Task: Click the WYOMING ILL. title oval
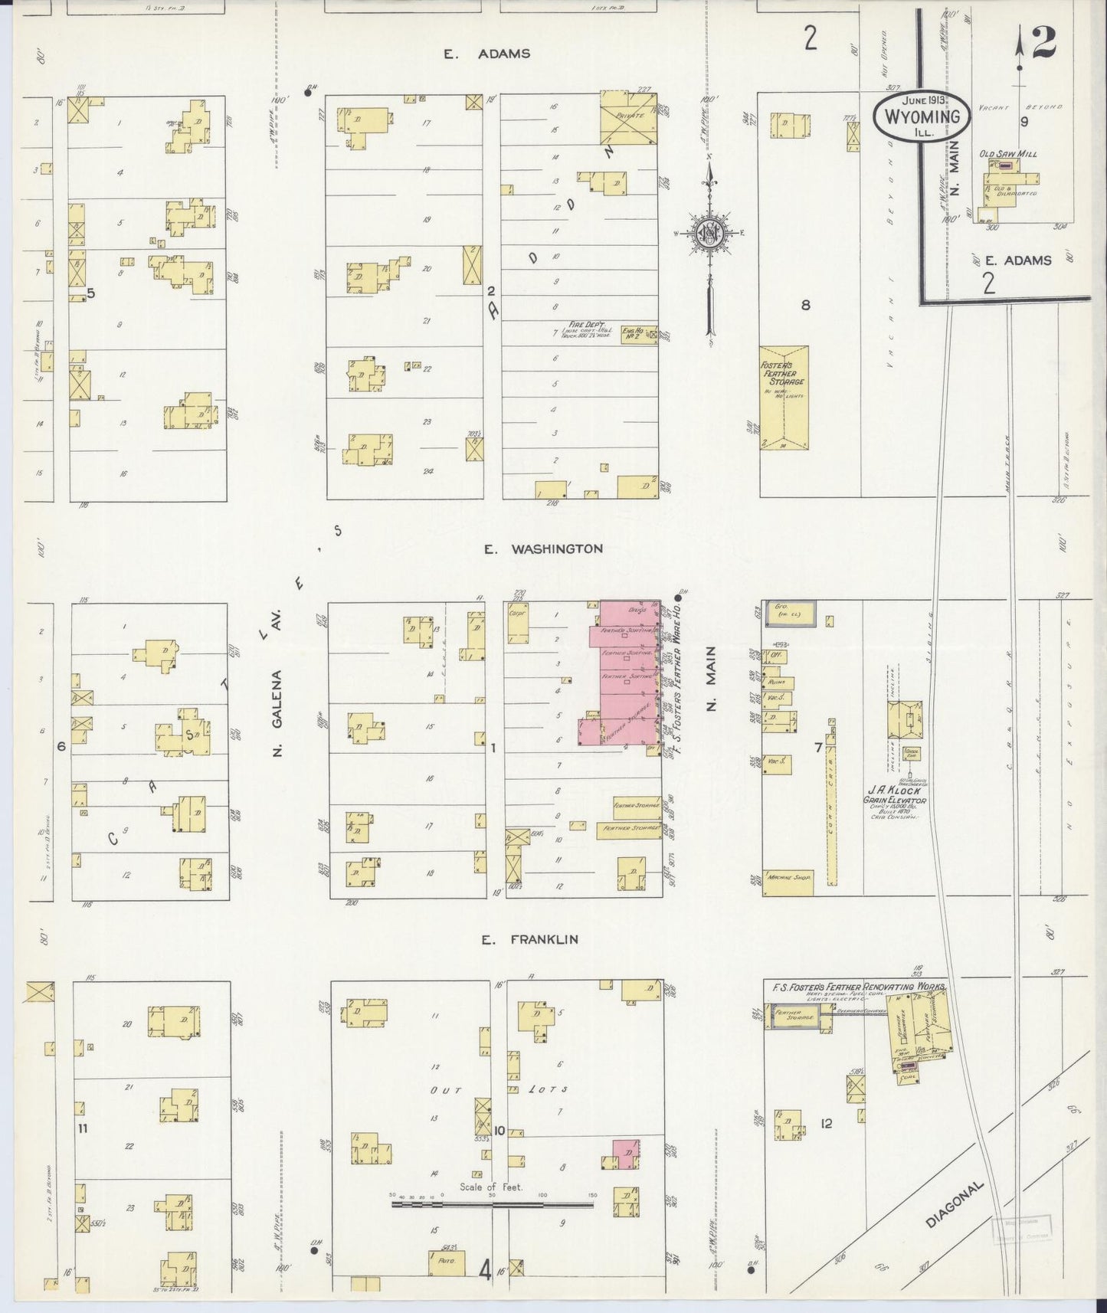click(922, 116)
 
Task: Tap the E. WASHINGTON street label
click(543, 549)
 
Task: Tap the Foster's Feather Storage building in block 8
click(784, 397)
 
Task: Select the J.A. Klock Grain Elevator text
click(896, 795)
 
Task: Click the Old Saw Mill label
click(1007, 154)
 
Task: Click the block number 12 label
click(825, 1124)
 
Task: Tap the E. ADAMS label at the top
click(486, 54)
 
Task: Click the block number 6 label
click(61, 745)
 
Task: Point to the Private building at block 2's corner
click(628, 118)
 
